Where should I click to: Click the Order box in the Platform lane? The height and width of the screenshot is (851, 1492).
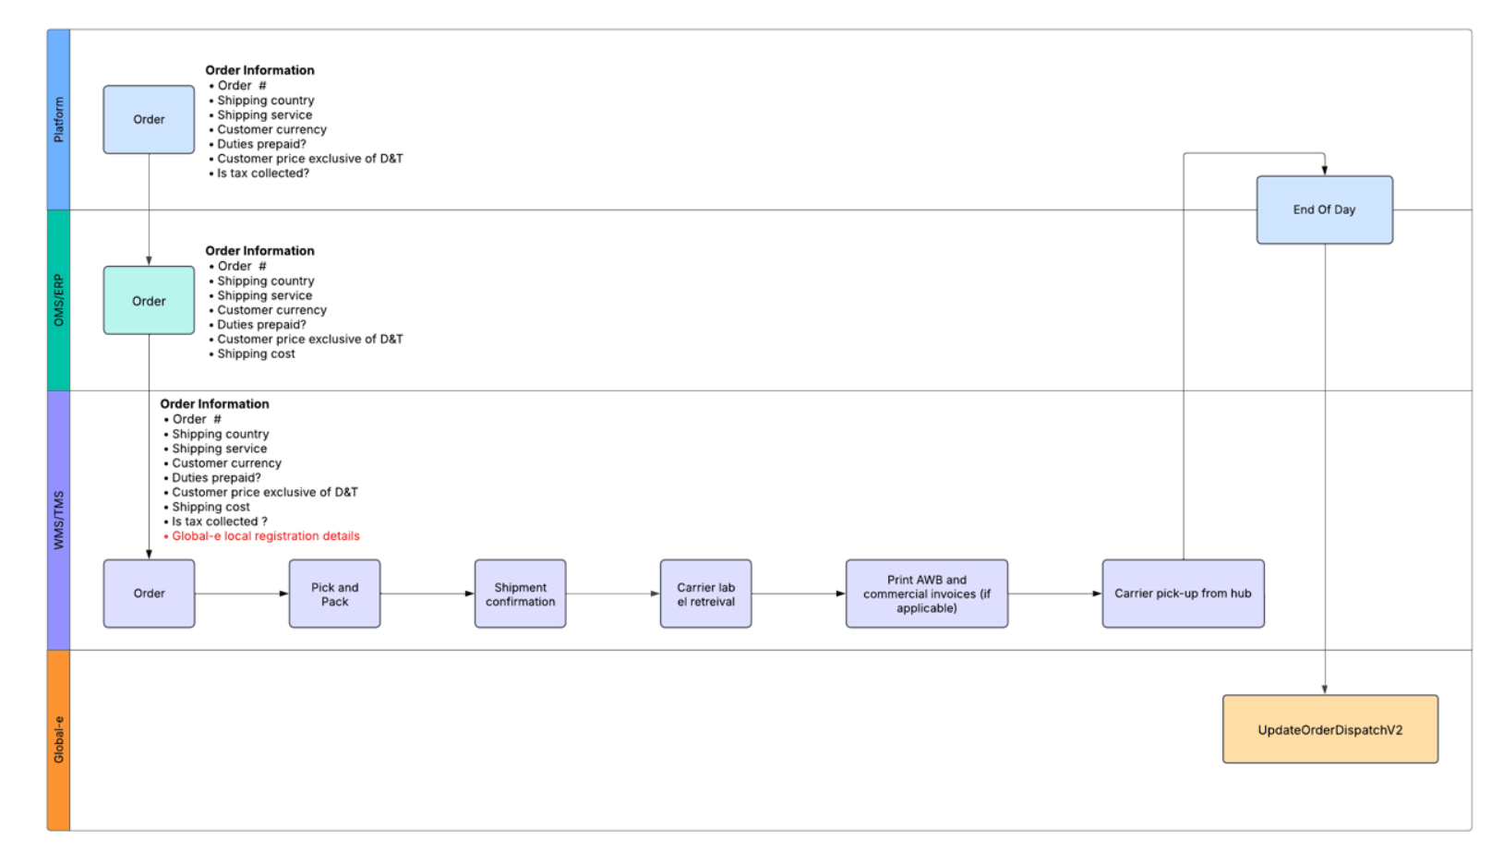pyautogui.click(x=149, y=119)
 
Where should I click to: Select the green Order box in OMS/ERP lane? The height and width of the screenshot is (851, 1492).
pyautogui.click(x=149, y=300)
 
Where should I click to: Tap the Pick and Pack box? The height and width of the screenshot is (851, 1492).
pyautogui.click(x=334, y=593)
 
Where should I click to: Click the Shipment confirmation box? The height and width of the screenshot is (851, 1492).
pyautogui.click(x=520, y=593)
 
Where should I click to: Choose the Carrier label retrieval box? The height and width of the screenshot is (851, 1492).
pyautogui.click(x=706, y=593)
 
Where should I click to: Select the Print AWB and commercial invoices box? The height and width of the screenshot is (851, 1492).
pyautogui.click(x=927, y=593)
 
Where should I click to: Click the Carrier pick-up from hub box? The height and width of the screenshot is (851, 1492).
pyautogui.click(x=1183, y=593)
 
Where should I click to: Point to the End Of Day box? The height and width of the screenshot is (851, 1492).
pyautogui.click(x=1324, y=210)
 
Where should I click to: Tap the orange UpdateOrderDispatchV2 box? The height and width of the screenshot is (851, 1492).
pyautogui.click(x=1330, y=729)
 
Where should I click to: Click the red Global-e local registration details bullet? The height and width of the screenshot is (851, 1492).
pyautogui.click(x=262, y=536)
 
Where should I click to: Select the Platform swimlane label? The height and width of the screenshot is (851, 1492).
pyautogui.click(x=58, y=119)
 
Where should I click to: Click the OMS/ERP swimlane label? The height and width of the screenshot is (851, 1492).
pyautogui.click(x=58, y=300)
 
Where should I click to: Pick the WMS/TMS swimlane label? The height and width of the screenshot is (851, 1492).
pyautogui.click(x=58, y=520)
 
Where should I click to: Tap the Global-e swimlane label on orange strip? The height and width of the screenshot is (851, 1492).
pyautogui.click(x=58, y=740)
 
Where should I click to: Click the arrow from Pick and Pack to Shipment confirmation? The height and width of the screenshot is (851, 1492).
pyautogui.click(x=427, y=593)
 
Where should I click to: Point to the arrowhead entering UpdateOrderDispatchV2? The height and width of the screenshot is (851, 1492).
pyautogui.click(x=1325, y=689)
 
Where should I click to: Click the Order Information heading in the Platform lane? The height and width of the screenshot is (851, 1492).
pyautogui.click(x=259, y=70)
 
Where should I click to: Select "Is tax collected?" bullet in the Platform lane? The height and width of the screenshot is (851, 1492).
pyautogui.click(x=259, y=174)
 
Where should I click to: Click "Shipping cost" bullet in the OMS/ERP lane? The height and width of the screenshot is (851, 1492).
pyautogui.click(x=252, y=354)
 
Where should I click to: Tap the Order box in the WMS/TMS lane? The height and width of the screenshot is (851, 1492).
pyautogui.click(x=149, y=593)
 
